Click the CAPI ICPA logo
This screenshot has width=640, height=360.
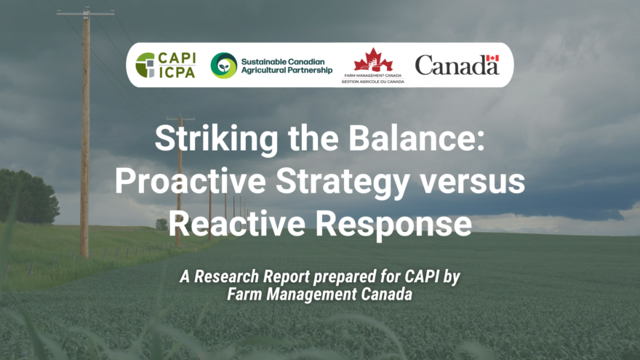165,65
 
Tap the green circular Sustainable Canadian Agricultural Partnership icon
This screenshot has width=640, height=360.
223,65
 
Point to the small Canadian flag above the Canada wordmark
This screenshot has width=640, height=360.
492,58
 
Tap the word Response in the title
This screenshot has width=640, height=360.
398,224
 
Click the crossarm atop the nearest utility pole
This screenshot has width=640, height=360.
85,14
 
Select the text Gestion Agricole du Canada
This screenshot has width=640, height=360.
372,82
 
